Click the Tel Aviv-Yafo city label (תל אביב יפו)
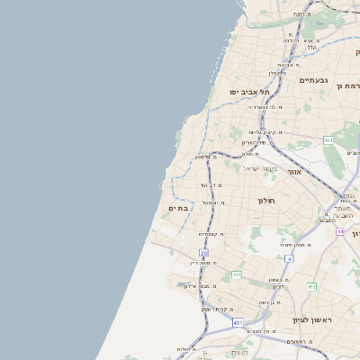(232, 91)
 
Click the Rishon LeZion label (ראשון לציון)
(311, 320)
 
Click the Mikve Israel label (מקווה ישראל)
(263, 168)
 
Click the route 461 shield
(329, 140)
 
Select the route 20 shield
(204, 253)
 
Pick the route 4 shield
(289, 258)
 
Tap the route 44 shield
(340, 231)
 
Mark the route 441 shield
(236, 275)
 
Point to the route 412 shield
(311, 286)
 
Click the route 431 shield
(237, 321)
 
